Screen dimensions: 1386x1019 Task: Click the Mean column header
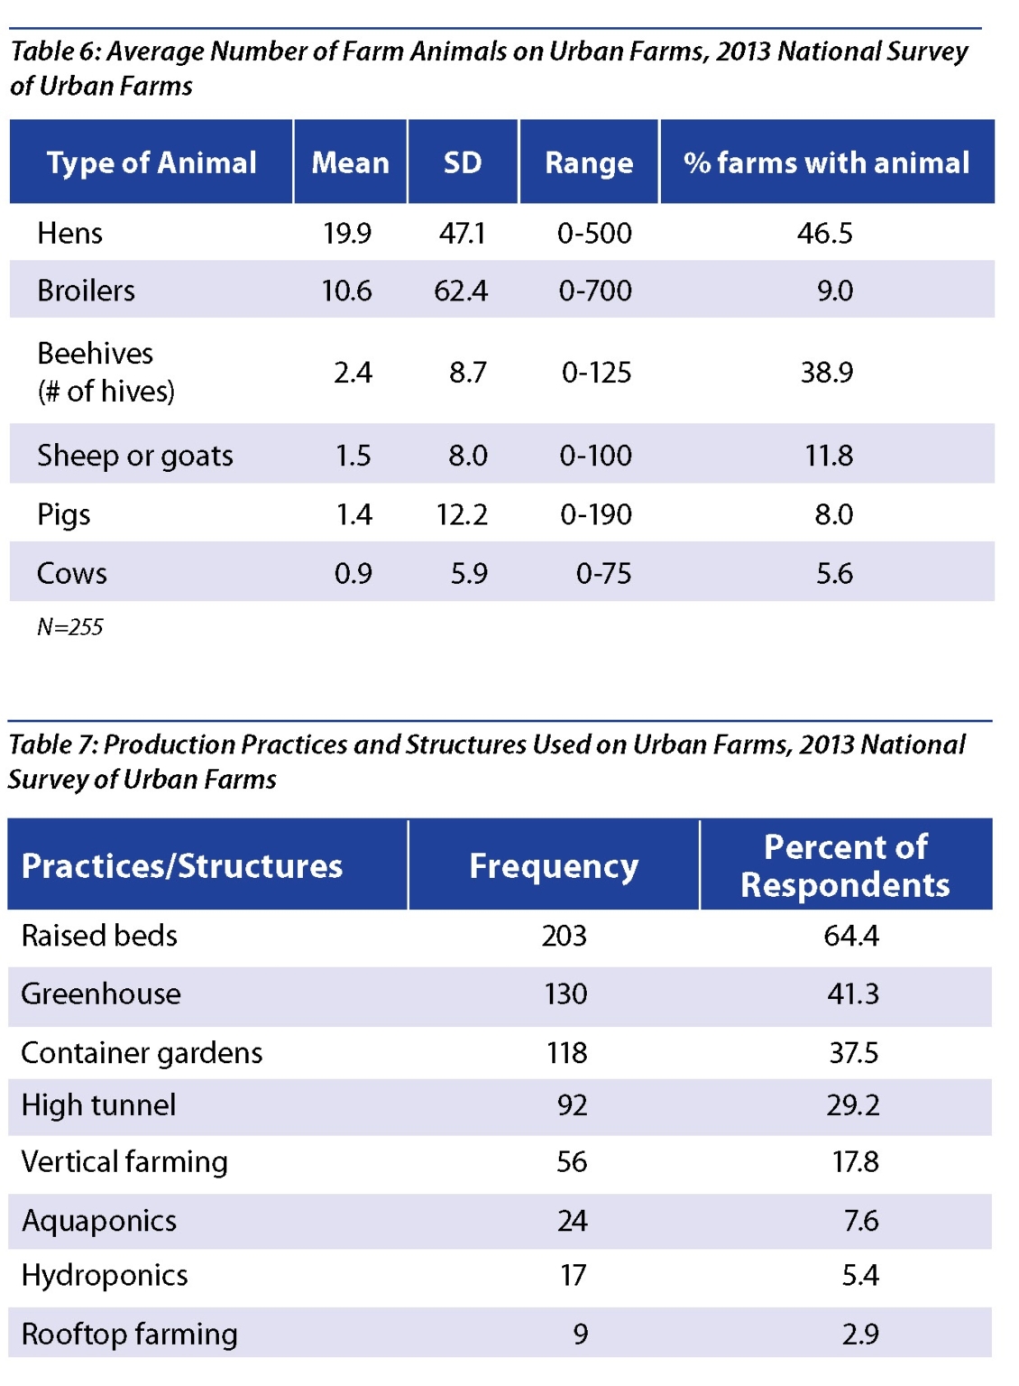(x=350, y=162)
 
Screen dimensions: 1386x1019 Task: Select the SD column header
(x=463, y=162)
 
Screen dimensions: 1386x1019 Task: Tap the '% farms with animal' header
(x=826, y=162)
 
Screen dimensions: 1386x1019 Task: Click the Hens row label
(x=69, y=234)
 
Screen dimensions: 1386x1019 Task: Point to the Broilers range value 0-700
(x=595, y=291)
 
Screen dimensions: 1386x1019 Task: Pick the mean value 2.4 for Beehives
(x=353, y=373)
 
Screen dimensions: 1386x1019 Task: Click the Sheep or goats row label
(x=135, y=456)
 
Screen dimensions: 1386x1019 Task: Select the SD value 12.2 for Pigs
(x=462, y=514)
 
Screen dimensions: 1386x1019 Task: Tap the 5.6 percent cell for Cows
(x=834, y=573)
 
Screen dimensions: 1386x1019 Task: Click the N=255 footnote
(x=70, y=627)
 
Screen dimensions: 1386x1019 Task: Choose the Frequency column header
(x=554, y=866)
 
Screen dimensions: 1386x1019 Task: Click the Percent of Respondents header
(x=845, y=866)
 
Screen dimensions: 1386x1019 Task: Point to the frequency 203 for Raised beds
(x=565, y=936)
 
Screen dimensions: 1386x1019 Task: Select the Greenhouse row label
(x=101, y=993)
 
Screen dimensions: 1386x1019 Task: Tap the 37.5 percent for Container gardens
(x=853, y=1053)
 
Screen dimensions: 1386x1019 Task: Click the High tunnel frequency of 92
(x=572, y=1105)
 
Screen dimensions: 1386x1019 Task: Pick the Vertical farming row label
(x=124, y=1162)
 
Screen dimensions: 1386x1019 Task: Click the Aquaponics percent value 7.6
(x=860, y=1221)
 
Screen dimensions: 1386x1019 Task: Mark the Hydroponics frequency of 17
(x=573, y=1275)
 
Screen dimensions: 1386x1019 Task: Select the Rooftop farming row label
(x=130, y=1334)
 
